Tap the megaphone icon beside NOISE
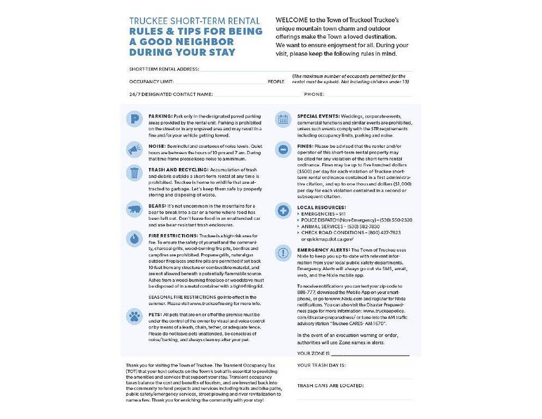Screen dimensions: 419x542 (x=134, y=149)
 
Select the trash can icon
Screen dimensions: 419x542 (x=134, y=173)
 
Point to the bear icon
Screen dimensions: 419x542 (x=134, y=209)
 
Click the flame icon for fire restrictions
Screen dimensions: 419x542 (x=134, y=238)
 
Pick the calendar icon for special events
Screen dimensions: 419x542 (x=283, y=119)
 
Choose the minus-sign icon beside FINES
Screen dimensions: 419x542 (x=283, y=149)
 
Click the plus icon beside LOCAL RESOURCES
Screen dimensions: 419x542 (x=283, y=210)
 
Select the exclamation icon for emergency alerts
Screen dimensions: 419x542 (x=283, y=253)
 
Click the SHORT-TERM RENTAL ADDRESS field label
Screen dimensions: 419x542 (x=164, y=69)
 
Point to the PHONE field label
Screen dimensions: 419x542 (x=314, y=94)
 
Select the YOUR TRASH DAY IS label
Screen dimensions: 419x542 (x=322, y=365)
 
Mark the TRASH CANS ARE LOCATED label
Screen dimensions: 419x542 (x=330, y=385)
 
